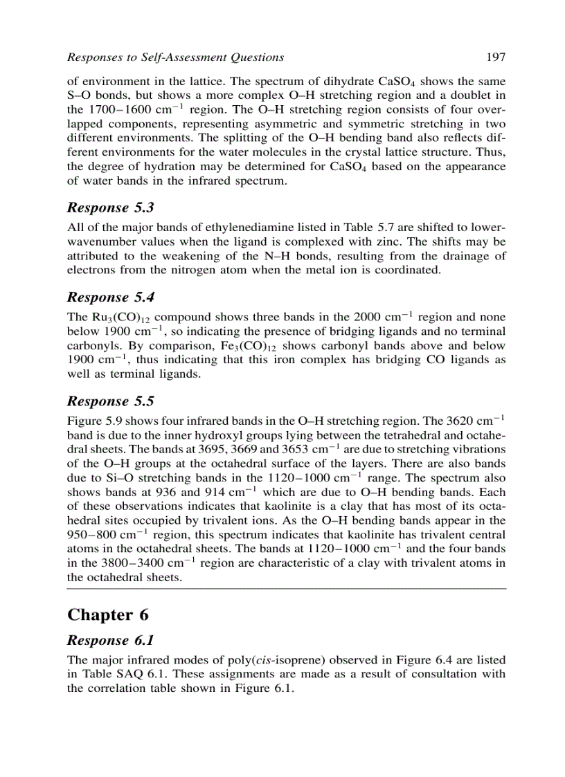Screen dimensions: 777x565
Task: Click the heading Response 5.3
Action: (x=110, y=208)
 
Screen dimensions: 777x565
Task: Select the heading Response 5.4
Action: (x=110, y=298)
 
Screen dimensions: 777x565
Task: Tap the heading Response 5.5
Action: (x=110, y=401)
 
